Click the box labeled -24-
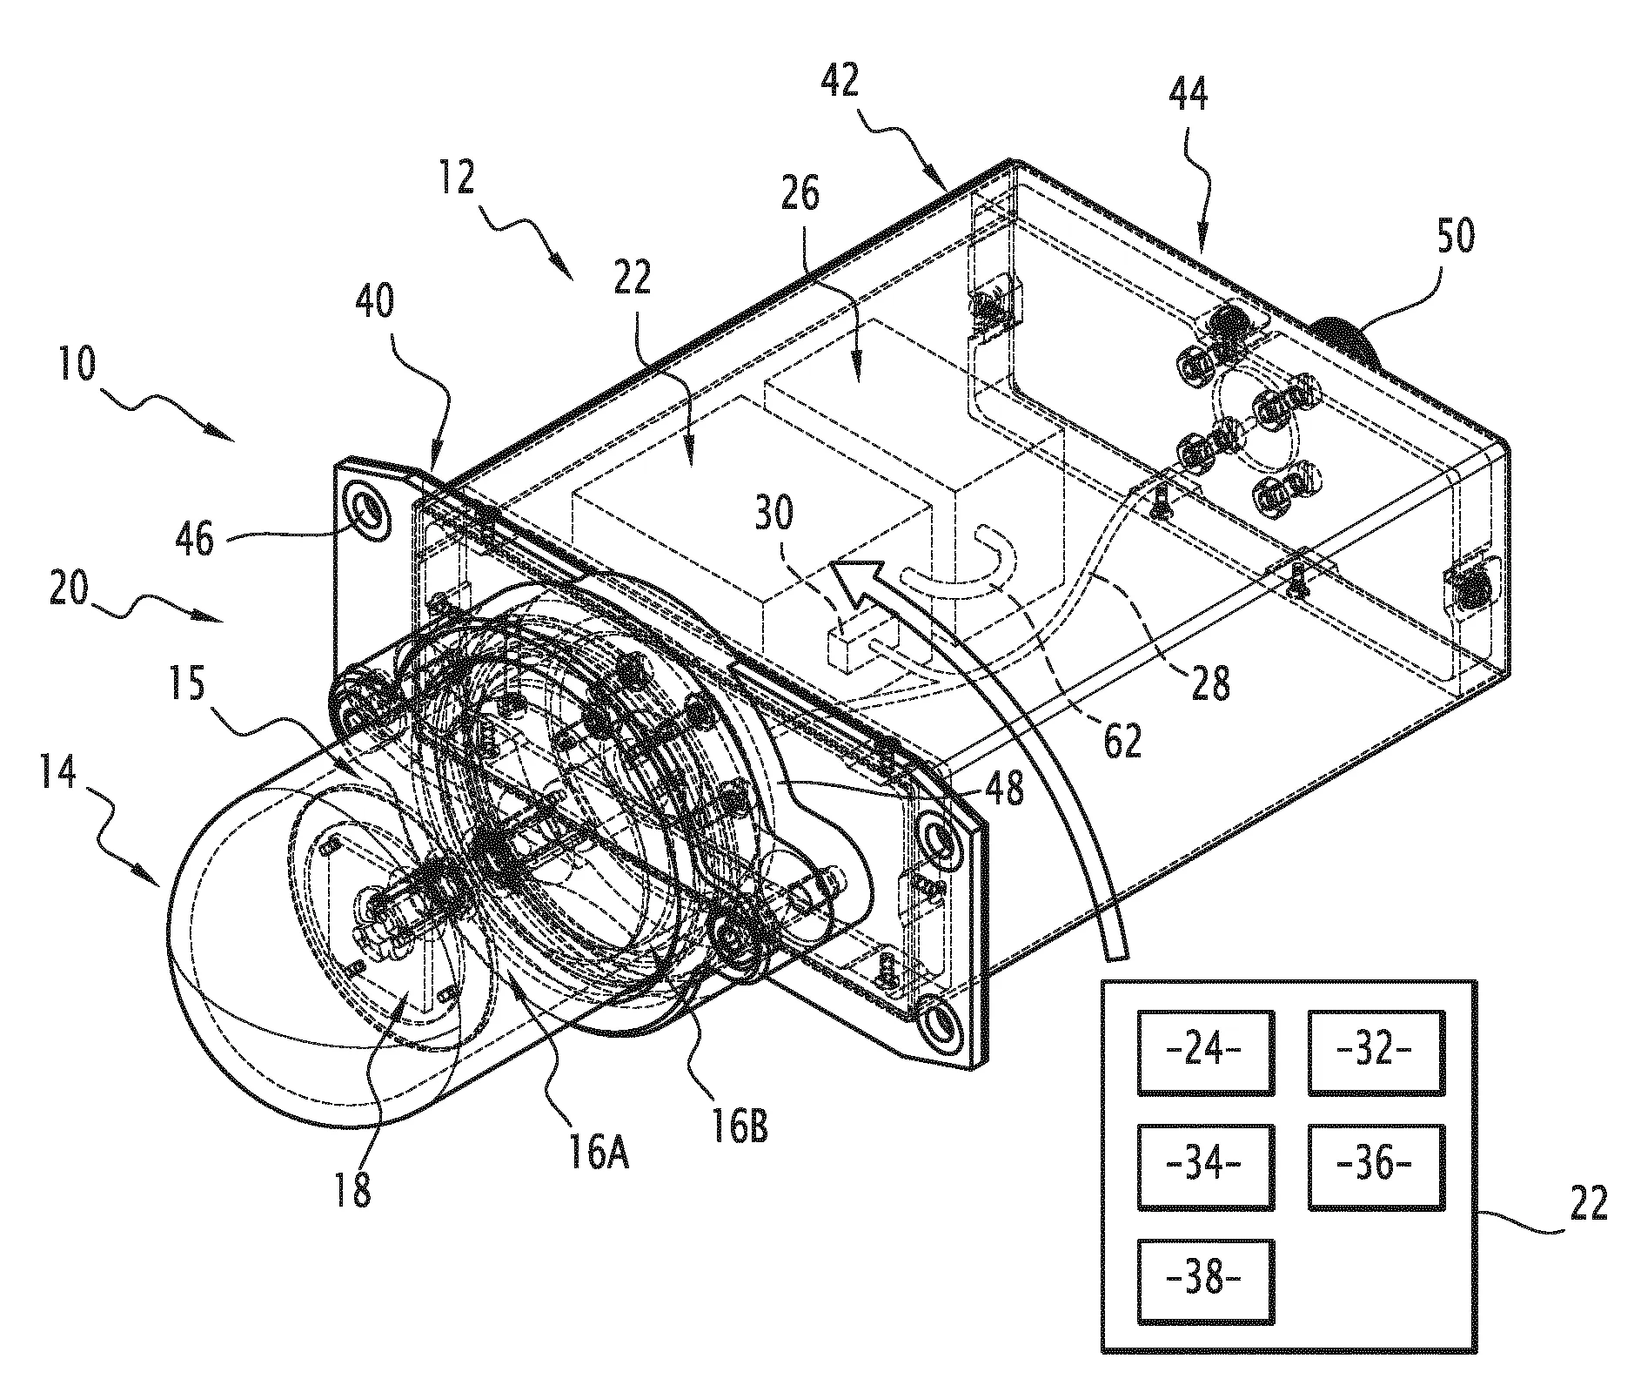[x=1205, y=1052]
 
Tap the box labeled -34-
[x=1205, y=1166]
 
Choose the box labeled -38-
[x=1205, y=1281]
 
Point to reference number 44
[x=1189, y=92]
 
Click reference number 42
[x=839, y=82]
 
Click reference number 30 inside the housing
[x=773, y=515]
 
